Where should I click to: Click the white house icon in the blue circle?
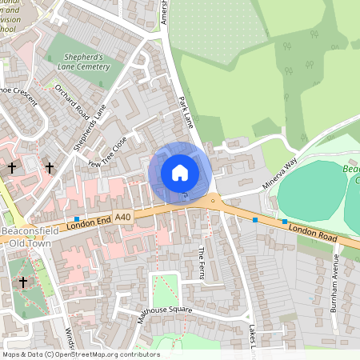point(180,172)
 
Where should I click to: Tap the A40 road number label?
point(122,216)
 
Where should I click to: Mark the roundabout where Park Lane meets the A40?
point(214,202)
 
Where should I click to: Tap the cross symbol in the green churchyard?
point(23,282)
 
